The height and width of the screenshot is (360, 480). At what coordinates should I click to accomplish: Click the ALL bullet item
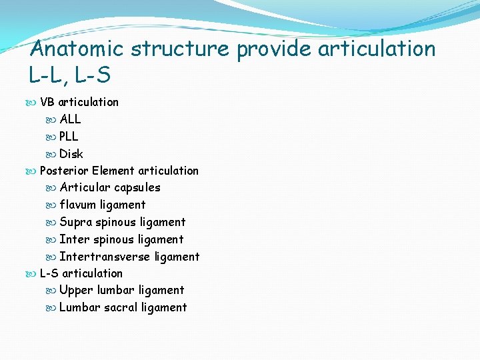coord(70,119)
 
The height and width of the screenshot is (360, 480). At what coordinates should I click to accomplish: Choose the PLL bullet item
coord(69,137)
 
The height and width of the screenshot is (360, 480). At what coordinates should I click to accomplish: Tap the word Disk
coord(71,154)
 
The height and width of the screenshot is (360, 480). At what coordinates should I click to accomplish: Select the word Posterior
coord(65,171)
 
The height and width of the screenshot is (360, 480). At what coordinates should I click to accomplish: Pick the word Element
coord(113,171)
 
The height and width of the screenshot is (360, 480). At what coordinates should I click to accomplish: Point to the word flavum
coord(79,205)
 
